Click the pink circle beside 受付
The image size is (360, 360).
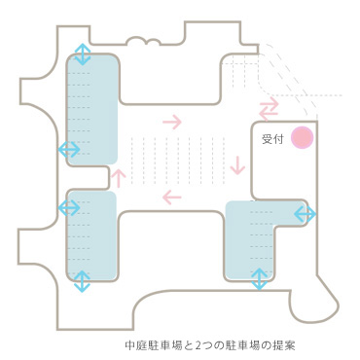[x=303, y=138]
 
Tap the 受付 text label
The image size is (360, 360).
[x=272, y=139]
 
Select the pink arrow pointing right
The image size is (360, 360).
[x=172, y=122]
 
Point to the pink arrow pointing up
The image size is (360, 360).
[x=119, y=177]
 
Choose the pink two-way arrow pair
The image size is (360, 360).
[x=269, y=105]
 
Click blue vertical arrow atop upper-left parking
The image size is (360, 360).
[x=83, y=53]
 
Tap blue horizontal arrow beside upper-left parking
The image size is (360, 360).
[x=70, y=149]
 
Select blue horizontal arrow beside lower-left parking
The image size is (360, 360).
[x=70, y=206]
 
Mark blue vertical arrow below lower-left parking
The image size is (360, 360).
[x=82, y=281]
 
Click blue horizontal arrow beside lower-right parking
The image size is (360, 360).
[x=305, y=214]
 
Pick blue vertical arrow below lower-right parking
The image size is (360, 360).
[x=259, y=279]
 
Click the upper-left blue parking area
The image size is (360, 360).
[x=92, y=107]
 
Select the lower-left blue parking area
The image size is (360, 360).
[x=90, y=234]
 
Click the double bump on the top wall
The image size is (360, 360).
[x=143, y=41]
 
